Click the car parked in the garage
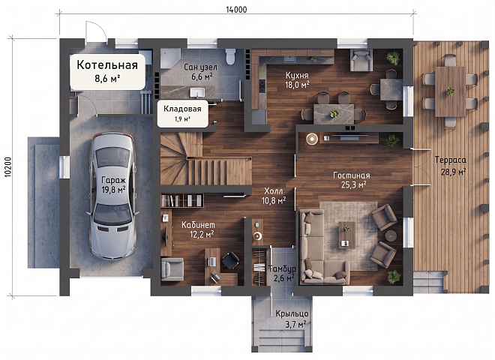113,196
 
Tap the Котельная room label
107,65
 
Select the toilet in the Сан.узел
231,56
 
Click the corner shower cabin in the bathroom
170,58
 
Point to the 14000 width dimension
236,10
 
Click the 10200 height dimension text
8,167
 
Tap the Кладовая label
182,109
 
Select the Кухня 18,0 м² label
297,80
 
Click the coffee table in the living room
347,235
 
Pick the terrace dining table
450,91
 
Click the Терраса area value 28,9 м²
454,172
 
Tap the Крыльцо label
292,314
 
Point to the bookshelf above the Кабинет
181,200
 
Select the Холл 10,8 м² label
274,196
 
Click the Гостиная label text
352,175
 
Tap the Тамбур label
282,268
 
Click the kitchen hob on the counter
262,86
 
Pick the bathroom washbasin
197,92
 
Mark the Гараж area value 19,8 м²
113,190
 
